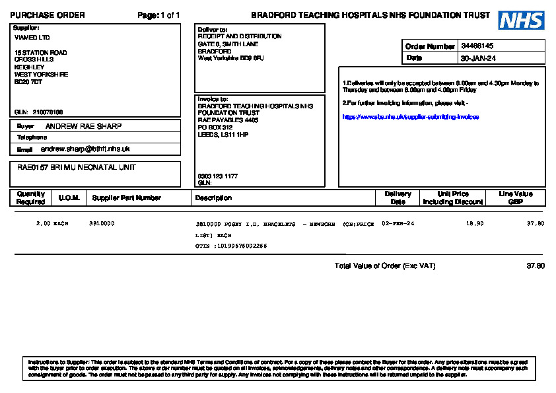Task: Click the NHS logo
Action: pyautogui.click(x=521, y=20)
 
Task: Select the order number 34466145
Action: pyautogui.click(x=477, y=46)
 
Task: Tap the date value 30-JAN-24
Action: pyautogui.click(x=479, y=58)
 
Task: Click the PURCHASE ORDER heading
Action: pyautogui.click(x=48, y=15)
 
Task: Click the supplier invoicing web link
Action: pyautogui.click(x=410, y=117)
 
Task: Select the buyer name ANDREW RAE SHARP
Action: pyautogui.click(x=83, y=126)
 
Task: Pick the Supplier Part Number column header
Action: pyautogui.click(x=127, y=197)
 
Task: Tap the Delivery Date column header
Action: pyautogui.click(x=398, y=197)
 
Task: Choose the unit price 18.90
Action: pyautogui.click(x=475, y=224)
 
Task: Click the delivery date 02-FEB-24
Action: pyautogui.click(x=398, y=224)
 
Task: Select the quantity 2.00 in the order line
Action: pyautogui.click(x=43, y=224)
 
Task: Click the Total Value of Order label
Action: pyautogui.click(x=385, y=266)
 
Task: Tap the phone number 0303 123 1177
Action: pyautogui.click(x=218, y=176)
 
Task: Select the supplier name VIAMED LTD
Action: pyautogui.click(x=32, y=38)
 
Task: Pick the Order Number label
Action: pyautogui.click(x=430, y=46)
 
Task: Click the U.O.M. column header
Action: pyautogui.click(x=69, y=197)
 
